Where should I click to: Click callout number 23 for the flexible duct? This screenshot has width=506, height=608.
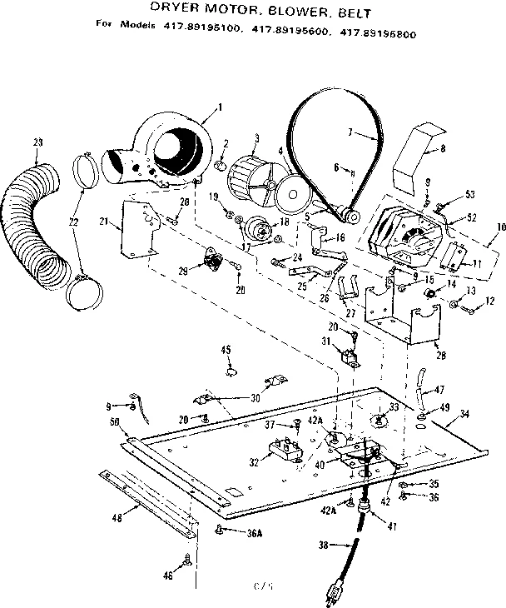[x=38, y=142]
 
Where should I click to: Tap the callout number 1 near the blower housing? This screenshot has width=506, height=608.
[x=219, y=106]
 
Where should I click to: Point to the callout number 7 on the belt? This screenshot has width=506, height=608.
[x=350, y=132]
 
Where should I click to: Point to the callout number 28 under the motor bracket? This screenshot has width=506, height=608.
[x=439, y=355]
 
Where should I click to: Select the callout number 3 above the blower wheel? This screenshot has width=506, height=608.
[x=257, y=137]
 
